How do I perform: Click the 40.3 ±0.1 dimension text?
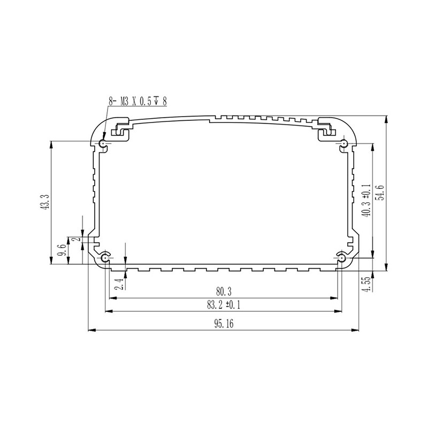coord(366,199)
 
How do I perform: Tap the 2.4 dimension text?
coord(119,284)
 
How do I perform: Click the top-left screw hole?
coord(103,143)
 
